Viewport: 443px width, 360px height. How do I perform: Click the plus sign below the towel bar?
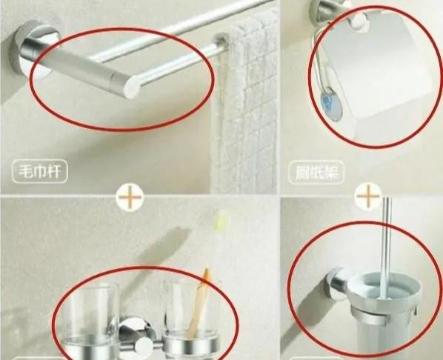[x=130, y=198]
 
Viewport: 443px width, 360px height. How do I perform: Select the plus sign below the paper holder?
[x=367, y=197]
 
